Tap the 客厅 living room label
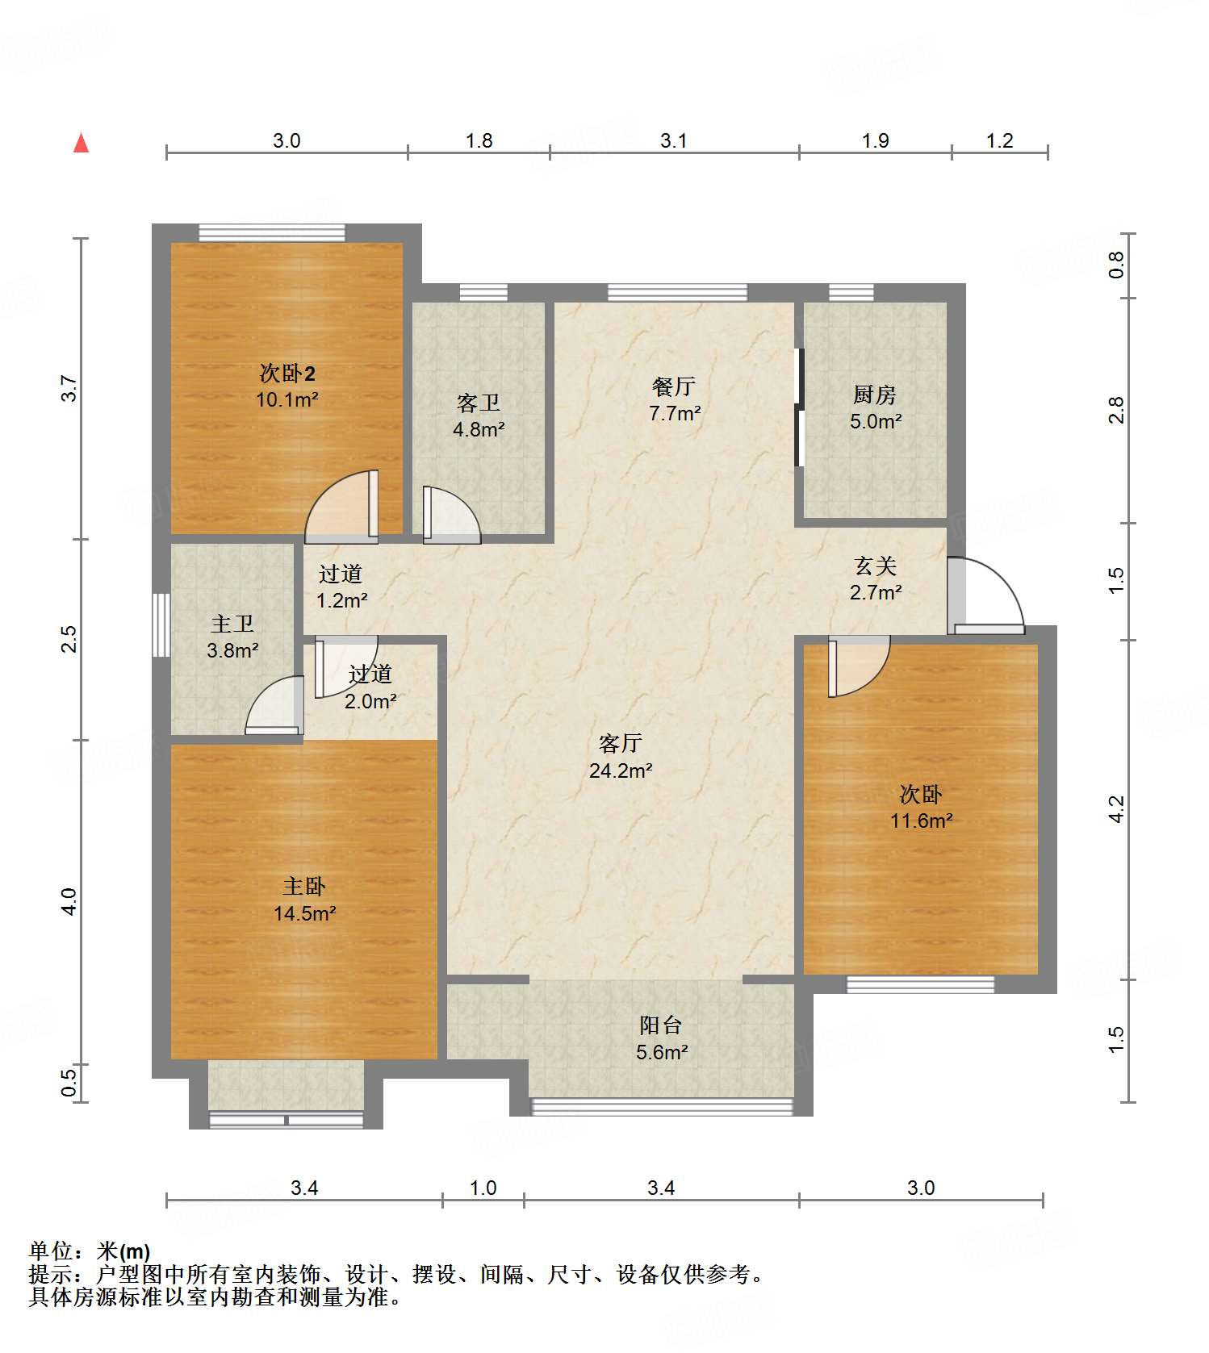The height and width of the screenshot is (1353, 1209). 620,743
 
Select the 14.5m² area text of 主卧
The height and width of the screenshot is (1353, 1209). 304,913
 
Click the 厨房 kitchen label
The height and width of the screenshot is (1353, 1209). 875,395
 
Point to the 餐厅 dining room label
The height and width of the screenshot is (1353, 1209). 673,386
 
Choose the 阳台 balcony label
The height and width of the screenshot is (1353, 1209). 661,1025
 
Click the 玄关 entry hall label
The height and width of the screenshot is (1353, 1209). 876,566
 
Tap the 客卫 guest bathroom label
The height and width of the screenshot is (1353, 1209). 478,403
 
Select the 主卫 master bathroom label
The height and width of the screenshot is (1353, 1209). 232,624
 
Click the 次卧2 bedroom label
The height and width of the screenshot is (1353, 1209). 287,373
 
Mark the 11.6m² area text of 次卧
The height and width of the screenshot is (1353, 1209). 921,821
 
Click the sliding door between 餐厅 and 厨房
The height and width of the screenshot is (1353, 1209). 799,407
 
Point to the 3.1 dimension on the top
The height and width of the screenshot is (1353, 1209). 674,140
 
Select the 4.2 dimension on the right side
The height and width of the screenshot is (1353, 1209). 1116,809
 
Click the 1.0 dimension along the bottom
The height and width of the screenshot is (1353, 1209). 483,1188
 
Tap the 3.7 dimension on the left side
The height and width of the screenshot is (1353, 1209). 70,388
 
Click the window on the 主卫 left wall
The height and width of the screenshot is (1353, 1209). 161,625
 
